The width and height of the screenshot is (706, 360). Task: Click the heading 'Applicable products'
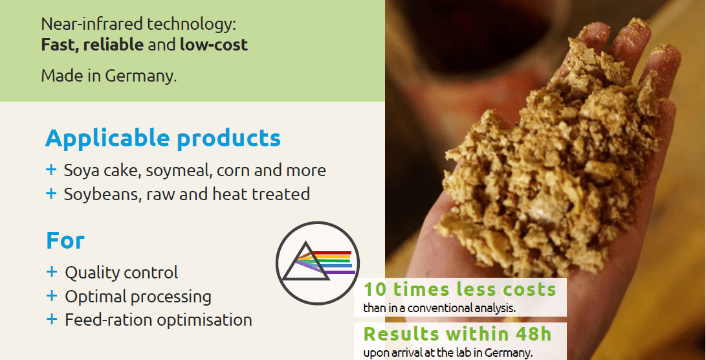(x=163, y=139)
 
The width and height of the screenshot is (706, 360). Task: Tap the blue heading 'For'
(x=65, y=241)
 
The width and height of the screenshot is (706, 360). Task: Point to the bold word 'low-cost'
(x=214, y=45)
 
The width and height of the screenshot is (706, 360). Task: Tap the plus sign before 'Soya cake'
(x=52, y=170)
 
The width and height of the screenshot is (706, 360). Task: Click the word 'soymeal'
(x=179, y=171)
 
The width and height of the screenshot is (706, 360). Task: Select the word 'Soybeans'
(x=98, y=194)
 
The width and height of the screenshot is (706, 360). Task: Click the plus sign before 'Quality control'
(x=52, y=273)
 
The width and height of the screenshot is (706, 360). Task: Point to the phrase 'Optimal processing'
(x=138, y=297)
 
